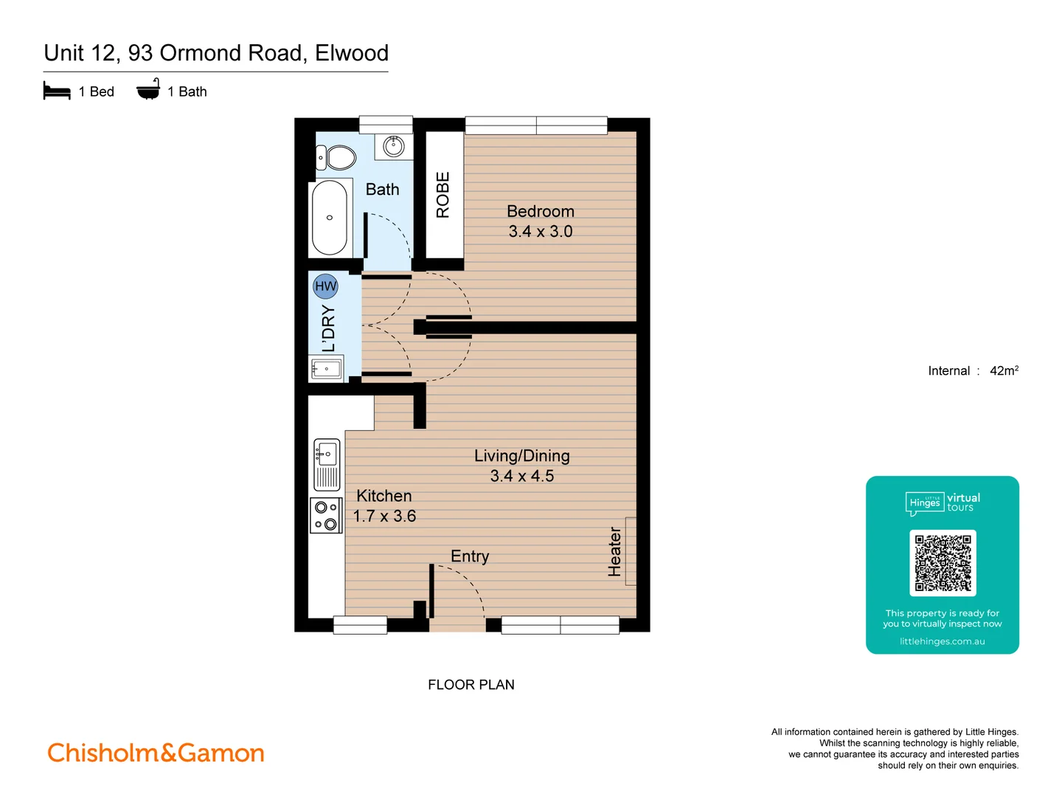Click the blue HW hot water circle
[x=325, y=286]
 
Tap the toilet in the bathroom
[x=337, y=157]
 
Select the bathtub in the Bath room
[x=330, y=218]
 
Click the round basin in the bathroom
[x=393, y=145]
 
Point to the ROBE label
[x=442, y=195]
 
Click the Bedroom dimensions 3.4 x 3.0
[x=540, y=232]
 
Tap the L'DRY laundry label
[x=328, y=328]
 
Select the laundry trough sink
[x=326, y=368]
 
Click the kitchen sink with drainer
[x=327, y=464]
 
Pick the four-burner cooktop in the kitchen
[x=326, y=515]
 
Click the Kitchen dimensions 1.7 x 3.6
[x=384, y=517]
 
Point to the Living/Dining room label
[x=521, y=456]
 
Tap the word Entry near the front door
[x=470, y=556]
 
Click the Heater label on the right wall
[x=614, y=551]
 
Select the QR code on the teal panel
[x=943, y=562]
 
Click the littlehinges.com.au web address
[x=942, y=641]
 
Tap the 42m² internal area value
[x=1004, y=370]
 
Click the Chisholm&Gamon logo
[x=156, y=753]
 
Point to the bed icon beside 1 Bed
[x=57, y=92]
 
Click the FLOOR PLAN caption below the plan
[x=471, y=685]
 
